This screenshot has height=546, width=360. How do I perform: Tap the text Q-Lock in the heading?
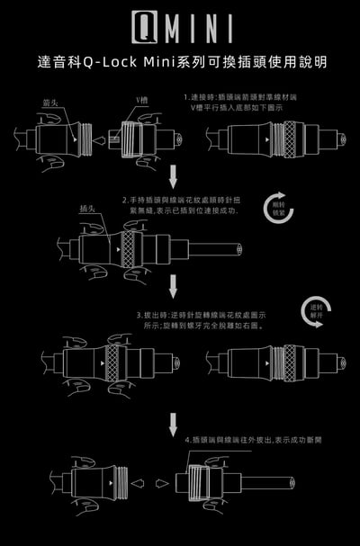pos(106,63)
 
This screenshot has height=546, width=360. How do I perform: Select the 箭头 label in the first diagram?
pos(51,103)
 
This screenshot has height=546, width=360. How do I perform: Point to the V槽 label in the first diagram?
pos(142,99)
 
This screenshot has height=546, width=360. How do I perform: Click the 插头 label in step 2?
pos(87,209)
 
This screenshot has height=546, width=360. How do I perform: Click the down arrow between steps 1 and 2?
pos(175,173)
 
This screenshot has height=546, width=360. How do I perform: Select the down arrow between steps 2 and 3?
pos(174,286)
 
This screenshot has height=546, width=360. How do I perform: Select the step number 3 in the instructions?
pos(139,317)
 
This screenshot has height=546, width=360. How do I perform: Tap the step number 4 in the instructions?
pos(186,441)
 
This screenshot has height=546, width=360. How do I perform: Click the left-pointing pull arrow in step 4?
pos(138,482)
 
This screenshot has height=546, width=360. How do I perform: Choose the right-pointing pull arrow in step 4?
pos(162,482)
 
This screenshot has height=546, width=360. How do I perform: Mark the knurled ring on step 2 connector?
pos(129,248)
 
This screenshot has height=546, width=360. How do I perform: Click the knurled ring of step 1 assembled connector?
pos(290,139)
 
